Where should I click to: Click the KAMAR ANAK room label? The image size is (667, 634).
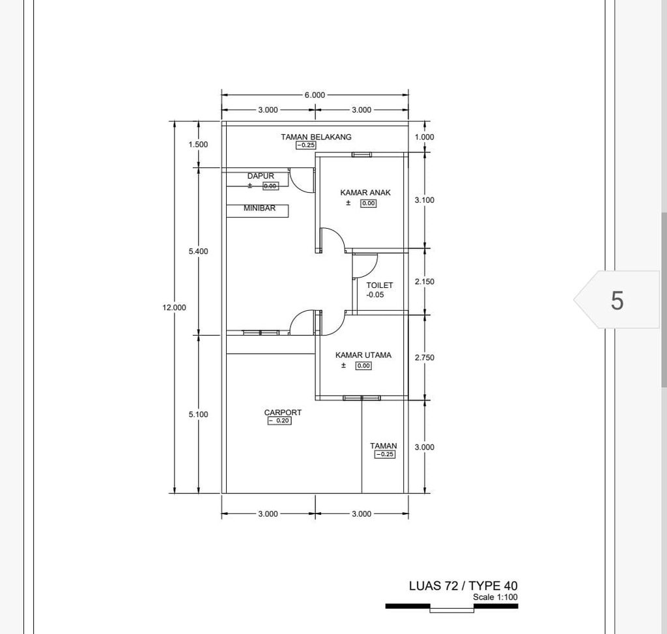[365, 193]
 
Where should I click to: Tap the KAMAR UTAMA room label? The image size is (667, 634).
[363, 355]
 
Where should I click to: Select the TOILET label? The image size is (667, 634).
[379, 285]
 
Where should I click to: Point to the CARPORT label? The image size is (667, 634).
[283, 412]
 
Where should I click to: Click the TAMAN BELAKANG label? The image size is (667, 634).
[316, 137]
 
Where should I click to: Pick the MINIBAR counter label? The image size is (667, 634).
[259, 209]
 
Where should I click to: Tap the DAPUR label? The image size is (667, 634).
[261, 176]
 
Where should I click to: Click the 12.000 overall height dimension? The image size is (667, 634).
[174, 308]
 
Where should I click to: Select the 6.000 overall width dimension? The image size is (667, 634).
[315, 95]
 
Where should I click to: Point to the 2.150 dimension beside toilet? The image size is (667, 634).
[424, 281]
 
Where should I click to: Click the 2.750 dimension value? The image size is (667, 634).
[424, 358]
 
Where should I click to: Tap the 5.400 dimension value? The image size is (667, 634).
[198, 251]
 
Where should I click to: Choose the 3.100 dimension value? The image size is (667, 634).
[424, 200]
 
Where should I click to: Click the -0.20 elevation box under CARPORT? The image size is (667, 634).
[279, 421]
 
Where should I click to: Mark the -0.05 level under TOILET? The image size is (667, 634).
[375, 295]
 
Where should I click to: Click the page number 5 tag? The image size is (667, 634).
[617, 300]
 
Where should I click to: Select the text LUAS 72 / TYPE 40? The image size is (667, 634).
[463, 586]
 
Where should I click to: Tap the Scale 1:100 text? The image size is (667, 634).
[495, 597]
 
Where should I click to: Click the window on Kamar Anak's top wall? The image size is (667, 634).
[362, 155]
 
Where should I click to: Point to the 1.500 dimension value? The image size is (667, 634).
[198, 145]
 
